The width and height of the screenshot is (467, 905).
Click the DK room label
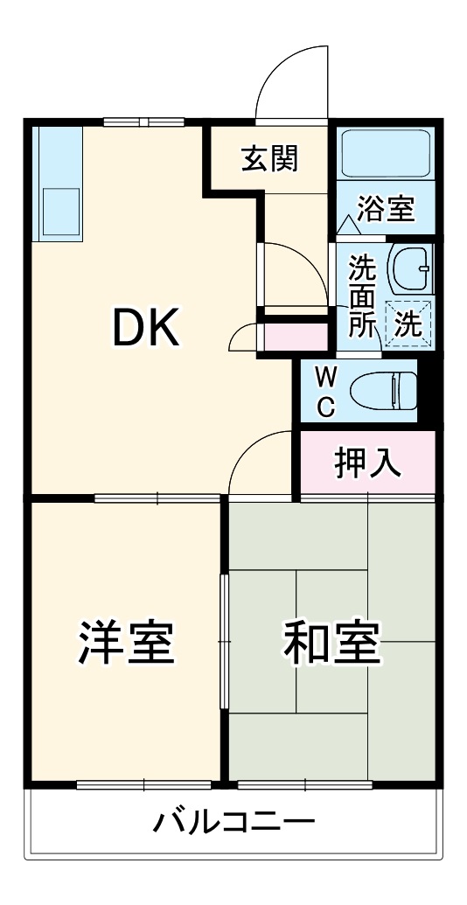(146, 328)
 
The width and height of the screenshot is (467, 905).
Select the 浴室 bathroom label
(386, 210)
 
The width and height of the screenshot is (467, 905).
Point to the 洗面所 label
(361, 296)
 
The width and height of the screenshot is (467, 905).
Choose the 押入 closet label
(368, 463)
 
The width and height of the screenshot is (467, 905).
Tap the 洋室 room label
(127, 644)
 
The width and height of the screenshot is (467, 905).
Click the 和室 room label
(331, 644)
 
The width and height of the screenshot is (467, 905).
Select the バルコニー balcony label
(234, 823)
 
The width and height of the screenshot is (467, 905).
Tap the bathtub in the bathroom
(386, 155)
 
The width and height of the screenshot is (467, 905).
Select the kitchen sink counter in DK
(57, 183)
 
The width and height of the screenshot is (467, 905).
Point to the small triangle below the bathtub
(348, 226)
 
